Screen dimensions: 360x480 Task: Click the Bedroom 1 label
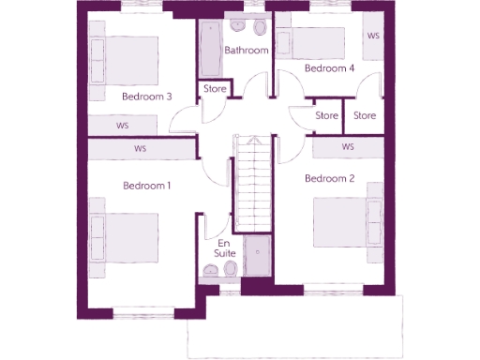pos(147,186)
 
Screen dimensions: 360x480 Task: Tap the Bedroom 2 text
pos(329,178)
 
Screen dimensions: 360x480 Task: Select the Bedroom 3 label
pos(147,96)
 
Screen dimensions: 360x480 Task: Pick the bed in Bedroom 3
pos(126,59)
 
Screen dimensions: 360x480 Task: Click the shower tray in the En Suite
pos(256,256)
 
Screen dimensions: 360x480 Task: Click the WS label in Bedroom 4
pos(373,37)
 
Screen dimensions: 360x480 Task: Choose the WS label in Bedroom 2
pos(348,147)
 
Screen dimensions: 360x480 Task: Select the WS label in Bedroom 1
pos(141,148)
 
